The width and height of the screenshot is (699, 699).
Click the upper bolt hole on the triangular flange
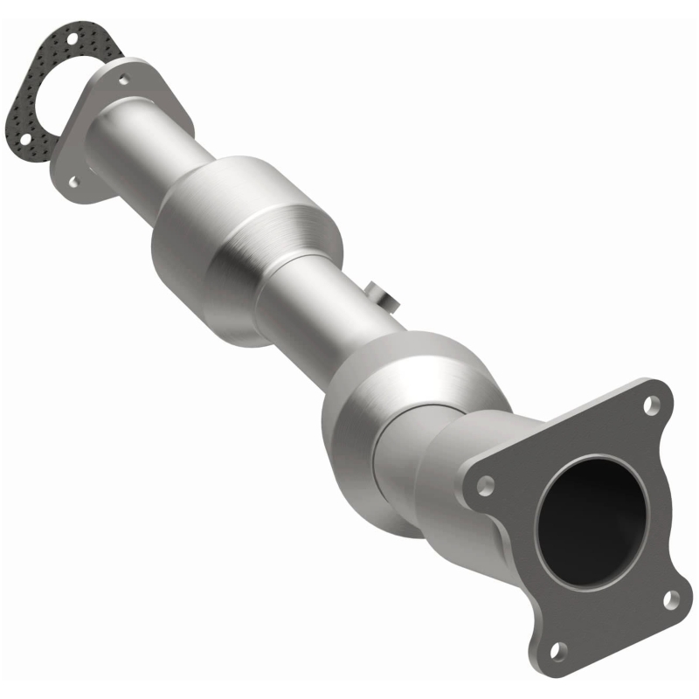click(x=124, y=80)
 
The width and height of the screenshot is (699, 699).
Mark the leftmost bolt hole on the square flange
click(x=487, y=482)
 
